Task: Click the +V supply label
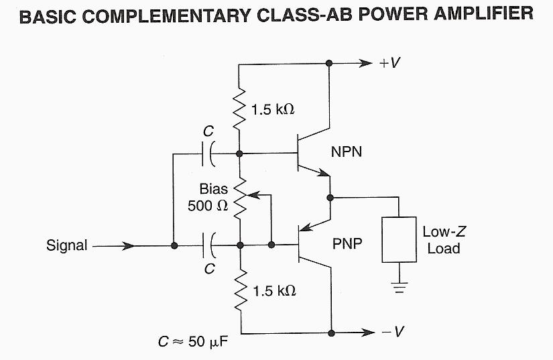390,63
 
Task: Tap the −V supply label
390,332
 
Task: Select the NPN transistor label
347,152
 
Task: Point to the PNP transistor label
347,245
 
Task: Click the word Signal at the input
66,245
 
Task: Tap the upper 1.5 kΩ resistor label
273,109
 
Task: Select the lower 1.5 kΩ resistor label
274,291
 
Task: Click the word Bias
213,190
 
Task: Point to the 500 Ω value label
208,206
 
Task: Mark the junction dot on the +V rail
329,63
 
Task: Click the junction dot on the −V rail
330,333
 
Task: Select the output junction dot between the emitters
330,197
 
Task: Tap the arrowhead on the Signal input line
127,245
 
